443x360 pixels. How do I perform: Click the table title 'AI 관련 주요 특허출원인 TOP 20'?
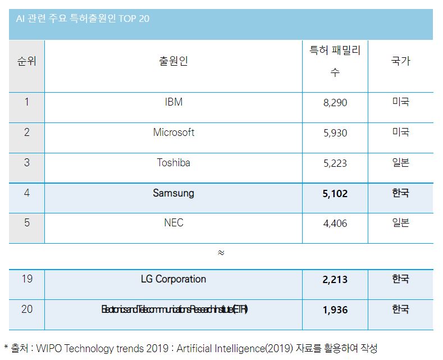tap(82, 19)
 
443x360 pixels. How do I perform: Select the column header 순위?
tap(26, 61)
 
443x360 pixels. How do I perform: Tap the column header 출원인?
tap(173, 61)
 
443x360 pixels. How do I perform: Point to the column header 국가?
tap(400, 61)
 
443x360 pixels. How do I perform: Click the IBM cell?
tap(173, 102)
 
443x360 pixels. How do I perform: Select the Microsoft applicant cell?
tap(173, 133)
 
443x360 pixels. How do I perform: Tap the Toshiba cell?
tap(173, 163)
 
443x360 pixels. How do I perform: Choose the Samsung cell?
tap(173, 193)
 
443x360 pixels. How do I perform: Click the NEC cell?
tap(173, 223)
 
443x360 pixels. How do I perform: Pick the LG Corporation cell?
tap(173, 279)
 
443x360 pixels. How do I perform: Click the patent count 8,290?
tap(335, 103)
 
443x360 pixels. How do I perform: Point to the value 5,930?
tap(335, 133)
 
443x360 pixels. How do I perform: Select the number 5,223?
tap(335, 163)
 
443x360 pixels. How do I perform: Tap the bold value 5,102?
tap(335, 194)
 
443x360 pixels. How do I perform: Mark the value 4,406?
tap(335, 224)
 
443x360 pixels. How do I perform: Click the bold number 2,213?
tap(335, 280)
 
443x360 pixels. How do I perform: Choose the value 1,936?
tap(335, 310)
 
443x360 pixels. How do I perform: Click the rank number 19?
tap(27, 279)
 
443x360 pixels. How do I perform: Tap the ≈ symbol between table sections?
tap(221, 253)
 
